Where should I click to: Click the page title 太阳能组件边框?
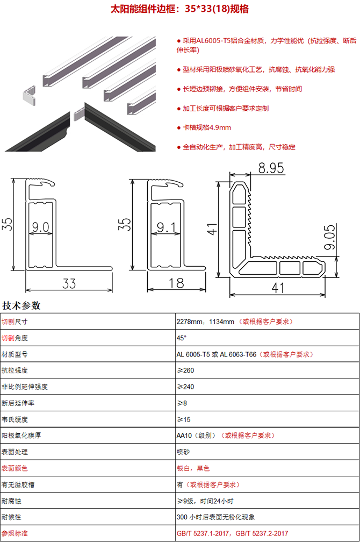pyautogui.click(x=143, y=9)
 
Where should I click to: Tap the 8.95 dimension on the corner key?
pyautogui.click(x=271, y=168)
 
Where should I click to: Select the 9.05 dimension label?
pyautogui.click(x=330, y=237)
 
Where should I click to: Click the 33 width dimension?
pyautogui.click(x=69, y=283)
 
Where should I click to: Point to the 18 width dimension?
pyautogui.click(x=176, y=283)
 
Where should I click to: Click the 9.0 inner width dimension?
pyautogui.click(x=41, y=227)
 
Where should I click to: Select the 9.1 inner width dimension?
pyautogui.click(x=166, y=227)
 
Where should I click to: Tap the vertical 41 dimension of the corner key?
pyautogui.click(x=212, y=230)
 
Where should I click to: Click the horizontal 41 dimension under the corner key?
pyautogui.click(x=278, y=288)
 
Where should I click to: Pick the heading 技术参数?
pyautogui.click(x=21, y=305)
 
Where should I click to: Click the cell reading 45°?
pyautogui.click(x=182, y=338)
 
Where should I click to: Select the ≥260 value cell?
pyautogui.click(x=185, y=370)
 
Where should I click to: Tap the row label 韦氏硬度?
pyautogui.click(x=15, y=419)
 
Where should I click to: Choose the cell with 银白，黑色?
pyautogui.click(x=193, y=468)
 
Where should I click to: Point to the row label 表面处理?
pyautogui.click(x=15, y=452)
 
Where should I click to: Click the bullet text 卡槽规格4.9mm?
pyautogui.click(x=207, y=127)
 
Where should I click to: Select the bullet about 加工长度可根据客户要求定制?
pyautogui.click(x=226, y=109)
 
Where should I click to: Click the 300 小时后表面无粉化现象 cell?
pyautogui.click(x=215, y=517)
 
